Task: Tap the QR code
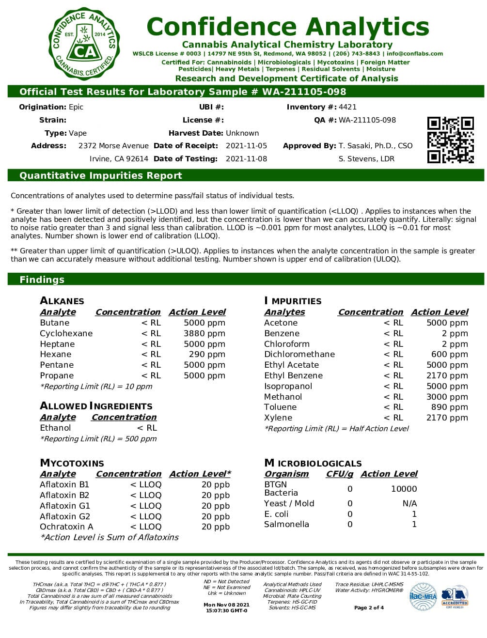(x=450, y=140)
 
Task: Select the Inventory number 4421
(x=347, y=107)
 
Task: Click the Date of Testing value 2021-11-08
(x=246, y=159)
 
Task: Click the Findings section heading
(x=42, y=280)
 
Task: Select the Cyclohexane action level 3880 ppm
(x=204, y=333)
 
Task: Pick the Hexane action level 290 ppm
(x=207, y=355)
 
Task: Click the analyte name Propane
(x=57, y=375)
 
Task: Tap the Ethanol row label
(x=55, y=428)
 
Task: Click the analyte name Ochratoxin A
(x=66, y=527)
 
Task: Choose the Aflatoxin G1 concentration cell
(x=145, y=506)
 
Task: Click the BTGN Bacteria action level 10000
(x=404, y=489)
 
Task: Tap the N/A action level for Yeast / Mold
(x=409, y=503)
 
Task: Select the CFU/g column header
(x=339, y=474)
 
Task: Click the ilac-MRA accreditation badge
(x=423, y=596)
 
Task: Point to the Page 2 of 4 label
(x=369, y=607)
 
